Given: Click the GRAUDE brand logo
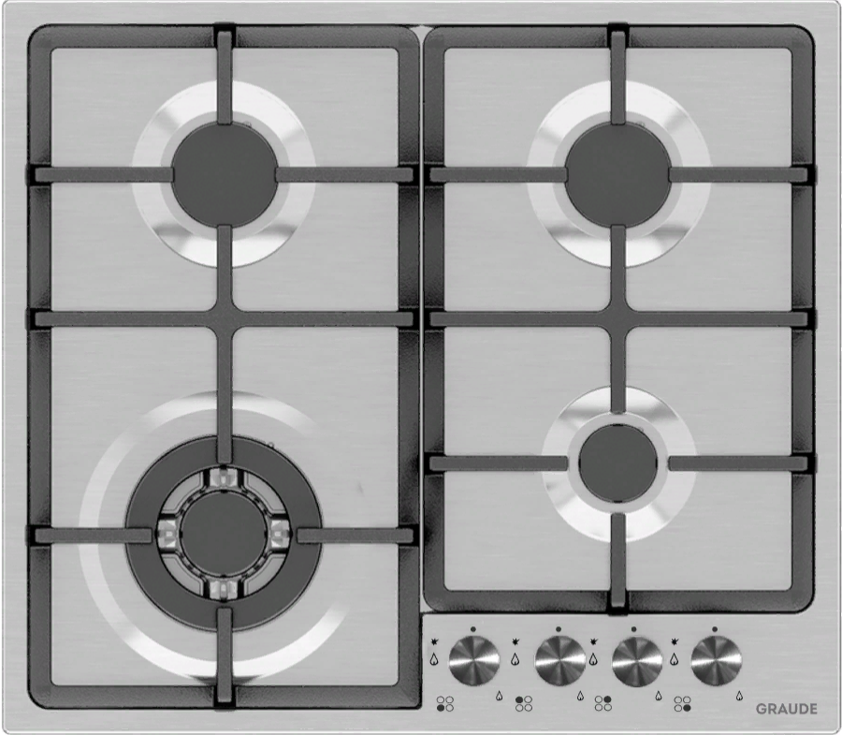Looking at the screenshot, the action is (x=786, y=709).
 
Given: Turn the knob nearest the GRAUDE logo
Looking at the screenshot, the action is (x=716, y=660).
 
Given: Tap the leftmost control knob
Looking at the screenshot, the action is (x=474, y=660).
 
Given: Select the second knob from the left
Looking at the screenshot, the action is (x=560, y=660).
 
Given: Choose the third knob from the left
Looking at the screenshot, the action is (x=637, y=660).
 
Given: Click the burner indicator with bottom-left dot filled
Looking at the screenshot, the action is (x=445, y=704).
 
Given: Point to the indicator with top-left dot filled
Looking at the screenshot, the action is (x=524, y=704).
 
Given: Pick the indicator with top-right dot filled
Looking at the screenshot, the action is (x=603, y=704).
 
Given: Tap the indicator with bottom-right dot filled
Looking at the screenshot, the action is (x=683, y=704).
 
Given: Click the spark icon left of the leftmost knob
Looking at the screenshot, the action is (x=434, y=641).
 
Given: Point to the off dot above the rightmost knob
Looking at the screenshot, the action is (x=715, y=629).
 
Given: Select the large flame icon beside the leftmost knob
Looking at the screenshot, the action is (x=434, y=659).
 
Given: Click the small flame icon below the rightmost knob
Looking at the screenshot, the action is (x=739, y=696).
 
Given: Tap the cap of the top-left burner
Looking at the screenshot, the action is (x=225, y=173).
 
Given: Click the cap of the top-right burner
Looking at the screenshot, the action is (x=618, y=174).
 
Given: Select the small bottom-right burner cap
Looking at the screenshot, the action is (x=618, y=463).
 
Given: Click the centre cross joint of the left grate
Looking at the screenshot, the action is (x=225, y=319).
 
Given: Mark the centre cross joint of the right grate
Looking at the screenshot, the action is (x=618, y=319).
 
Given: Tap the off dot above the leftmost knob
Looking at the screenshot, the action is (x=473, y=629).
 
